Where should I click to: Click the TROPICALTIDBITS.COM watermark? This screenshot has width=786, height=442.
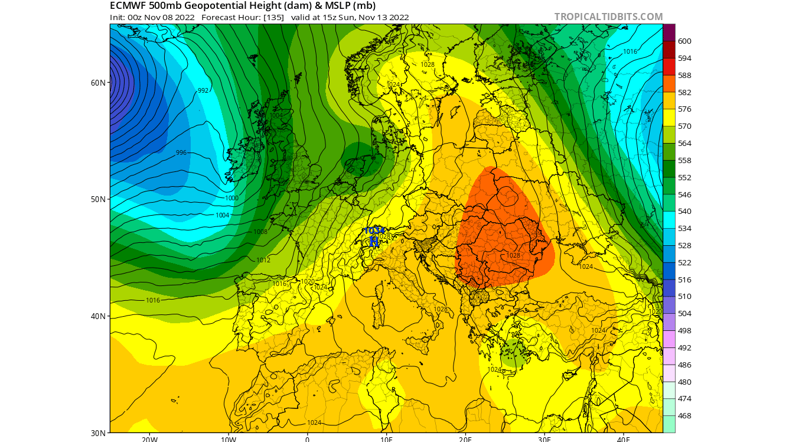(x=608, y=17)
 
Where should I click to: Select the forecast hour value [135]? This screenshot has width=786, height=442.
(x=273, y=17)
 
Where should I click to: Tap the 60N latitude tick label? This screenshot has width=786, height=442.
(x=98, y=82)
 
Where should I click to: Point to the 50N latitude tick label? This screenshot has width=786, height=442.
(x=98, y=199)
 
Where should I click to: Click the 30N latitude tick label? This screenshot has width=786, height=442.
(x=98, y=433)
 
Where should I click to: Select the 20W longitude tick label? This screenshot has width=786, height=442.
(x=149, y=439)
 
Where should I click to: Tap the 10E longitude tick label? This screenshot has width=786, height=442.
(x=386, y=439)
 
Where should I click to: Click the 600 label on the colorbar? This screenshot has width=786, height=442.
(x=684, y=41)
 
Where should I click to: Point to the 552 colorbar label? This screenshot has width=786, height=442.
(x=684, y=178)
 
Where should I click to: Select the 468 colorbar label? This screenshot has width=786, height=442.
(x=684, y=416)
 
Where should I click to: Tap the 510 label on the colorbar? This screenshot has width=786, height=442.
(x=684, y=297)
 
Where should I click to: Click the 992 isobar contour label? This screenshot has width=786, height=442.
(x=203, y=90)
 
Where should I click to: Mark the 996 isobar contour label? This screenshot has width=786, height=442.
(x=181, y=152)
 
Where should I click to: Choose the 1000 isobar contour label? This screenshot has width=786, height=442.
(x=231, y=198)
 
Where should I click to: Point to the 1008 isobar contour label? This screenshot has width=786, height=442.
(x=260, y=232)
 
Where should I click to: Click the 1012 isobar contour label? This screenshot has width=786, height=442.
(x=263, y=260)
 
